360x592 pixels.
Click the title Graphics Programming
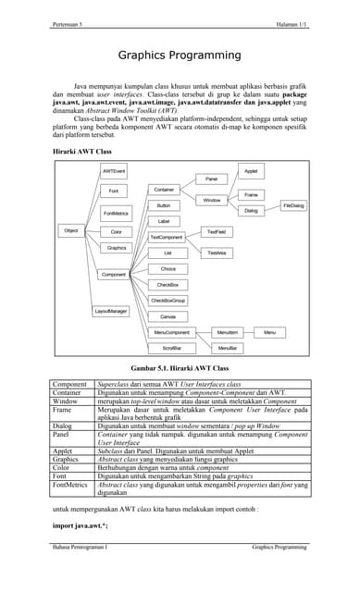tap(180, 55)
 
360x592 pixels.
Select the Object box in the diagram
tap(70, 230)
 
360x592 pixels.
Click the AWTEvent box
tap(113, 172)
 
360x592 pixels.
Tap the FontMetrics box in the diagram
tap(116, 212)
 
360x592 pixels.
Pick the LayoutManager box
tap(111, 312)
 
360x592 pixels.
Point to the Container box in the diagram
tap(164, 190)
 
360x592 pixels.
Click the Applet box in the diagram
tap(251, 172)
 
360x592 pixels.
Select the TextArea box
tap(217, 253)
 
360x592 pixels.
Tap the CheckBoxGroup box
tap(168, 301)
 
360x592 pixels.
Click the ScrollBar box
tap(172, 348)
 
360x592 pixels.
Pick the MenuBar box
tap(227, 348)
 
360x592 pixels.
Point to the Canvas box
tap(168, 316)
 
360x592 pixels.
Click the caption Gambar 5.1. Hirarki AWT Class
tap(180, 369)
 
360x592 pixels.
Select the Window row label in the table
tap(66, 402)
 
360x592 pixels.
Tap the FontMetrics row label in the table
tap(72, 484)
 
